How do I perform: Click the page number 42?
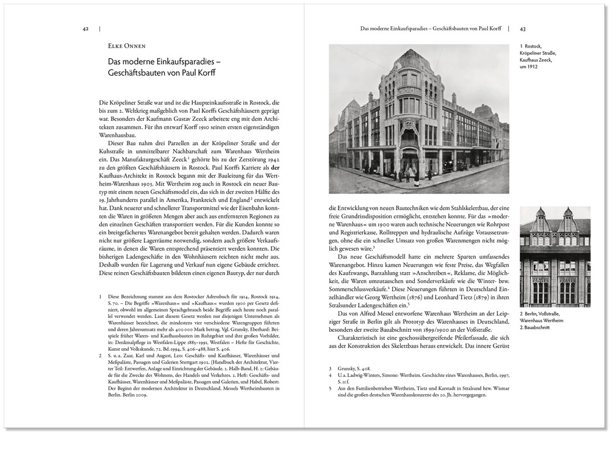(86, 28)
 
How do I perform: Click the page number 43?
(523, 28)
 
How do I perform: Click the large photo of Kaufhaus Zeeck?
(418, 119)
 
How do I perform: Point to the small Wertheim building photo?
(554, 257)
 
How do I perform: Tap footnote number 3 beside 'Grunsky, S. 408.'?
(330, 368)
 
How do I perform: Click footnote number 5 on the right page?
(330, 388)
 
